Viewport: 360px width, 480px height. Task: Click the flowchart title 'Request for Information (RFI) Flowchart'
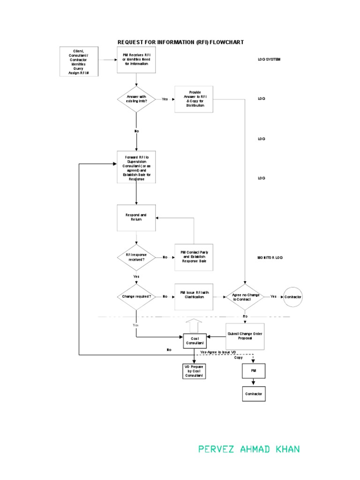180,42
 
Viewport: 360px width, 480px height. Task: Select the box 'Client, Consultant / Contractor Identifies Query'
79,61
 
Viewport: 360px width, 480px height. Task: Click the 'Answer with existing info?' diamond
136,99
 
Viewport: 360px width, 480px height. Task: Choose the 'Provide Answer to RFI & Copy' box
194,99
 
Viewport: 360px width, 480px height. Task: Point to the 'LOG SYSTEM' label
269,60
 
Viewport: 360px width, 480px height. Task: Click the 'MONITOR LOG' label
270,257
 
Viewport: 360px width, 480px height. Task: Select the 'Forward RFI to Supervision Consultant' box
136,167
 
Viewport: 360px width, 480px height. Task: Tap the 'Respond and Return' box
136,217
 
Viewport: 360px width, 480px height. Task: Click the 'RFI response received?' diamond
136,257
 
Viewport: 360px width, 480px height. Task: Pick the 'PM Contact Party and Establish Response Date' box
194,257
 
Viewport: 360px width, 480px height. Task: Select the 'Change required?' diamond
136,297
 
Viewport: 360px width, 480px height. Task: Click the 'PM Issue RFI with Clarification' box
194,297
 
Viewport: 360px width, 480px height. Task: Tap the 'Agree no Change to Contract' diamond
245,297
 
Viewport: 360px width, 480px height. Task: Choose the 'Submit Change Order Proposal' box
245,336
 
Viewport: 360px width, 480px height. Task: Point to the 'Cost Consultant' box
194,341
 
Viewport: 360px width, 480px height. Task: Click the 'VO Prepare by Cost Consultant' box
194,371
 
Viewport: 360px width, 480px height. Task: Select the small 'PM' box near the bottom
253,370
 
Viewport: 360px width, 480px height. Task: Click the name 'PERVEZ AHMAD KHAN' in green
249,450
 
